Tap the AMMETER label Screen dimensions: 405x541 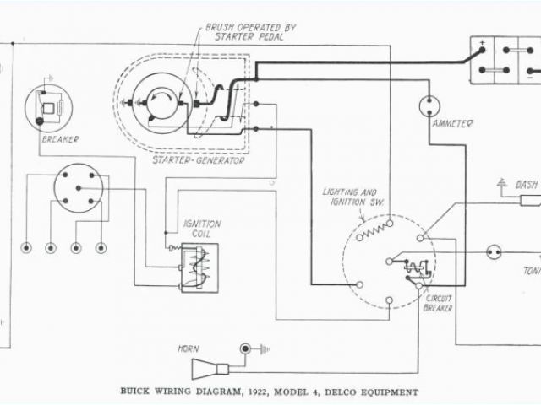coord(452,126)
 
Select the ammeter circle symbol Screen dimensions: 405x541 coord(431,106)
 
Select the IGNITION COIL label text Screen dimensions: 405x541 coord(204,229)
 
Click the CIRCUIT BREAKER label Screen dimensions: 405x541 coord(439,303)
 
